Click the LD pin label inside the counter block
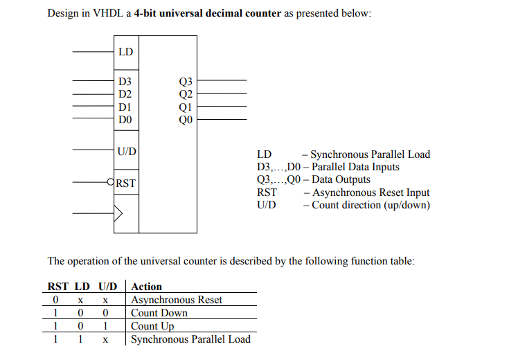point(125,52)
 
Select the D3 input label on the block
point(125,82)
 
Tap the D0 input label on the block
point(125,120)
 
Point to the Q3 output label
point(186,82)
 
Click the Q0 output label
point(186,120)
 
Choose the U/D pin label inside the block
point(127,151)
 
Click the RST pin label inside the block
point(126,183)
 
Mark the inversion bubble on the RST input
point(111,183)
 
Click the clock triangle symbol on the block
point(118,213)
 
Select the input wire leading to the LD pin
point(93,52)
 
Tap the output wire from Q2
point(222,94)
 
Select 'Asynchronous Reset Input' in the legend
point(370,192)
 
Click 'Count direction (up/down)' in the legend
point(370,205)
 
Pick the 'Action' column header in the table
point(146,287)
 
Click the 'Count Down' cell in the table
point(159,313)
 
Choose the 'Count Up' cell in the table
point(152,326)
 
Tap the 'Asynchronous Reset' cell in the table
point(177,300)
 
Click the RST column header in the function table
point(57,287)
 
